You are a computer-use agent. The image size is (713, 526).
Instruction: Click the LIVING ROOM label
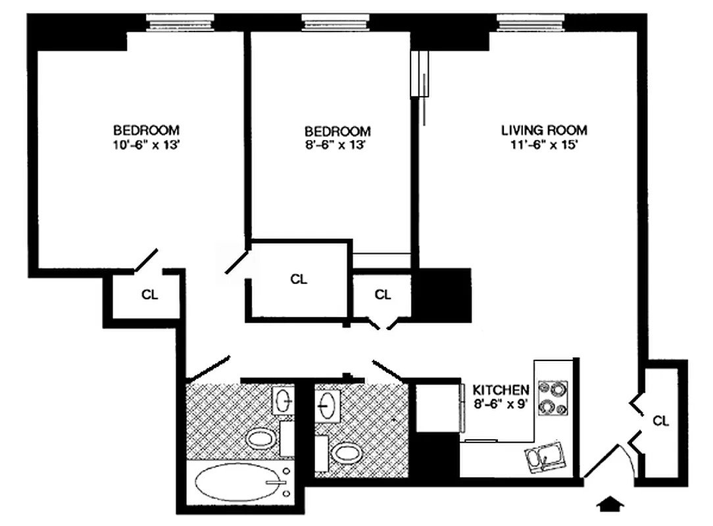tap(544, 130)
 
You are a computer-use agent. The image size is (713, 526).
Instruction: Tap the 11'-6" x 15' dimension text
tap(544, 145)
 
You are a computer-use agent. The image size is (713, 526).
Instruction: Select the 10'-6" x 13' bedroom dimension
tap(146, 145)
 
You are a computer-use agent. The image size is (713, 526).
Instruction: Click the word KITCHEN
tap(501, 389)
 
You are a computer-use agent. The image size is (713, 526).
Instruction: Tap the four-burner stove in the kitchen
tap(553, 398)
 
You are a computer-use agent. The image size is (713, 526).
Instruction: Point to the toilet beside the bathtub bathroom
tap(262, 438)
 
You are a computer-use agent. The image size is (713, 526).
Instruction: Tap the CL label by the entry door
tap(661, 421)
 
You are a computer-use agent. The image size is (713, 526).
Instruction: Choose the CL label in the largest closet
tap(299, 279)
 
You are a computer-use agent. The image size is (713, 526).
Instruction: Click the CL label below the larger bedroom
tap(150, 295)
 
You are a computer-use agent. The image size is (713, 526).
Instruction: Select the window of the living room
tap(531, 22)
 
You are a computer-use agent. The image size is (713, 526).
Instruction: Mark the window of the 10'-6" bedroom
tap(180, 22)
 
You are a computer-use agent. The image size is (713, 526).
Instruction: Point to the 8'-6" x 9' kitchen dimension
tap(501, 404)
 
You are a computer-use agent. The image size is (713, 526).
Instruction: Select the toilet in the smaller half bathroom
tap(343, 452)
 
